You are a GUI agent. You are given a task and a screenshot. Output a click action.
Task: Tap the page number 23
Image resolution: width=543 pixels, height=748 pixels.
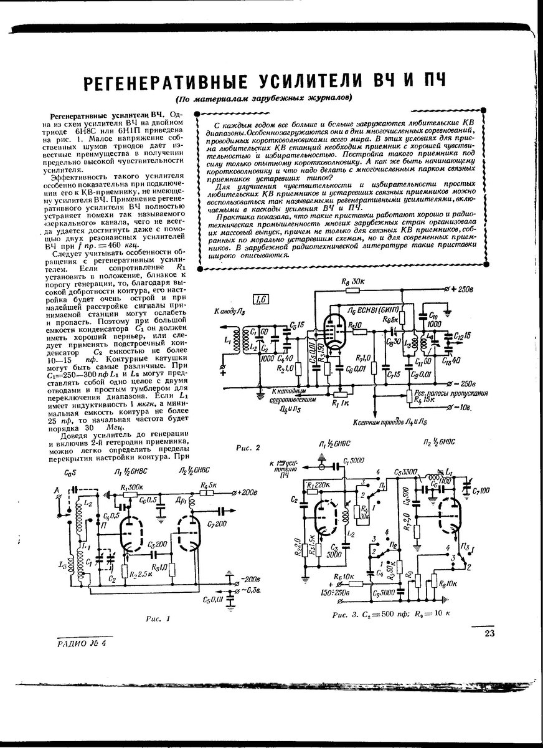coord(488,634)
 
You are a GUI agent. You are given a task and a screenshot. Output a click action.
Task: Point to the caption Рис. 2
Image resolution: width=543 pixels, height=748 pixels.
coord(248,447)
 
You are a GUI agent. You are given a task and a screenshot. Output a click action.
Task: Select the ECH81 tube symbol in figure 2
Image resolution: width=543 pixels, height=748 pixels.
coord(336,330)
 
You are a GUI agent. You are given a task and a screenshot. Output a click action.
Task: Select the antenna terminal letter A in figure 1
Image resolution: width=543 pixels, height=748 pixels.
coord(56,491)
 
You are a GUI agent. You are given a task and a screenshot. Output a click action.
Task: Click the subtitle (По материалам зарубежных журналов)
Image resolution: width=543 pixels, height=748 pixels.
coord(263,98)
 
